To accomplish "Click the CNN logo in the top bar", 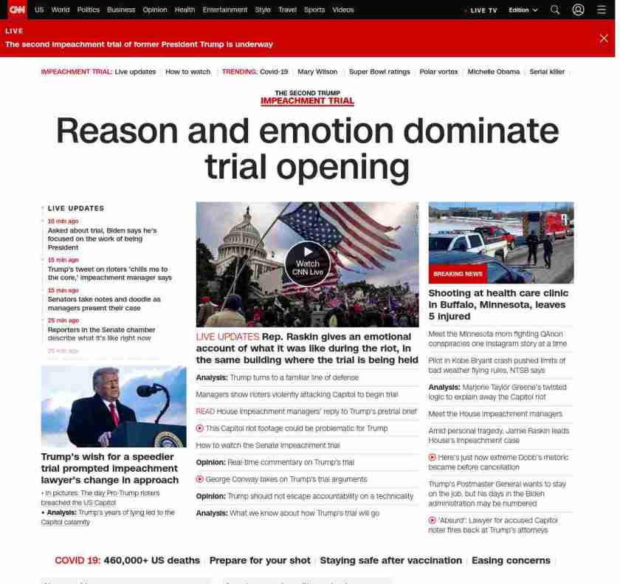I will [x=17, y=10].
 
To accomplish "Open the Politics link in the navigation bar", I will [x=89, y=10].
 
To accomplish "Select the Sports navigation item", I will [x=314, y=10].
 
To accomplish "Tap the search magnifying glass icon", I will [x=555, y=10].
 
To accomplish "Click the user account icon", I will [x=579, y=10].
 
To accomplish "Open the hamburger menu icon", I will [x=602, y=10].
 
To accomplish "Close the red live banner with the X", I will [x=604, y=38].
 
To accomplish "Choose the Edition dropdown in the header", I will [x=523, y=10].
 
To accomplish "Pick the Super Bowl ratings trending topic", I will [x=379, y=72].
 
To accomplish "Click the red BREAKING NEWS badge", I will [x=458, y=274].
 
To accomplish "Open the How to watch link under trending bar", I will [x=187, y=72].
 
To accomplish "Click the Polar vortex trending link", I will [x=438, y=72].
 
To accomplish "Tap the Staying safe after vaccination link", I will [x=390, y=560].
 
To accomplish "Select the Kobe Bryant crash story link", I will [x=497, y=365].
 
